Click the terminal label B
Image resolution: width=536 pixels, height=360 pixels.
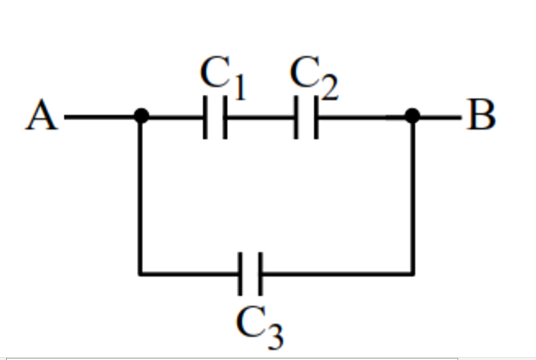point(482,116)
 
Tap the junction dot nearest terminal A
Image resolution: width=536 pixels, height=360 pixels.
point(140,116)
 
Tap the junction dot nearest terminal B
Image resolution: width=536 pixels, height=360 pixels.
point(413,116)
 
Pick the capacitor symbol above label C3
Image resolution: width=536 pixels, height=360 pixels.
point(249,274)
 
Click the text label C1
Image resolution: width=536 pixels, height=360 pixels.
point(221,77)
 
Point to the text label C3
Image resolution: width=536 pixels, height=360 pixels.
point(259,326)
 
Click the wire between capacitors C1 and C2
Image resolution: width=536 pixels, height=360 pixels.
point(260,117)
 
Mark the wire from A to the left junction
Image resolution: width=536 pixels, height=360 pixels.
point(100,116)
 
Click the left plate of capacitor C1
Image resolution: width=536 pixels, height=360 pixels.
point(205,117)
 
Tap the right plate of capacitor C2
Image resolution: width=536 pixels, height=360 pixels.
point(315,117)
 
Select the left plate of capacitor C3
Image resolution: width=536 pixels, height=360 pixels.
point(241,274)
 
